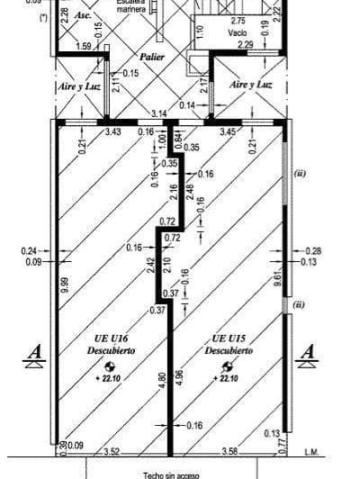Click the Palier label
pyautogui.click(x=140, y=55)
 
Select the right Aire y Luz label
pyautogui.click(x=251, y=84)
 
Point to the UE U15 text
pyautogui.click(x=232, y=339)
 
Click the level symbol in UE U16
pyautogui.click(x=110, y=366)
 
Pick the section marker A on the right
pyautogui.click(x=308, y=352)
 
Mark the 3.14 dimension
pyautogui.click(x=158, y=113)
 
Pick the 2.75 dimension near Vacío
pyautogui.click(x=238, y=21)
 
